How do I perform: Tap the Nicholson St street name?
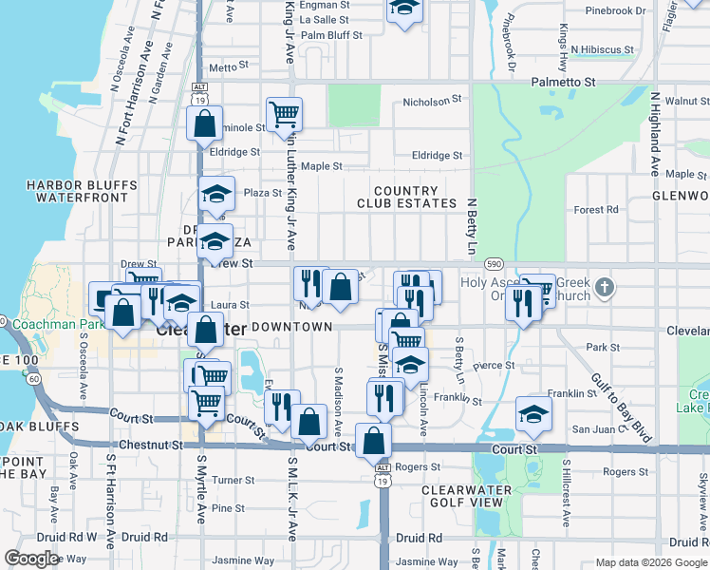432,99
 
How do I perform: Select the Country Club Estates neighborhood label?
407,197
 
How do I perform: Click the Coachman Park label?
53,322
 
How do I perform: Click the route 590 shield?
493,264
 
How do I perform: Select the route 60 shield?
34,379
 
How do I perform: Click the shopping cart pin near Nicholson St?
285,115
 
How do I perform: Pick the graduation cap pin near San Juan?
533,413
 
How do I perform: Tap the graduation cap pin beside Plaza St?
216,195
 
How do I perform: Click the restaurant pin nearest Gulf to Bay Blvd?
523,301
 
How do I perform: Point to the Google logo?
31,559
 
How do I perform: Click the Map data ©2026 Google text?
650,561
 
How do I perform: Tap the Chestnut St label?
151,445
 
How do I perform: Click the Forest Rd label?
597,210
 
